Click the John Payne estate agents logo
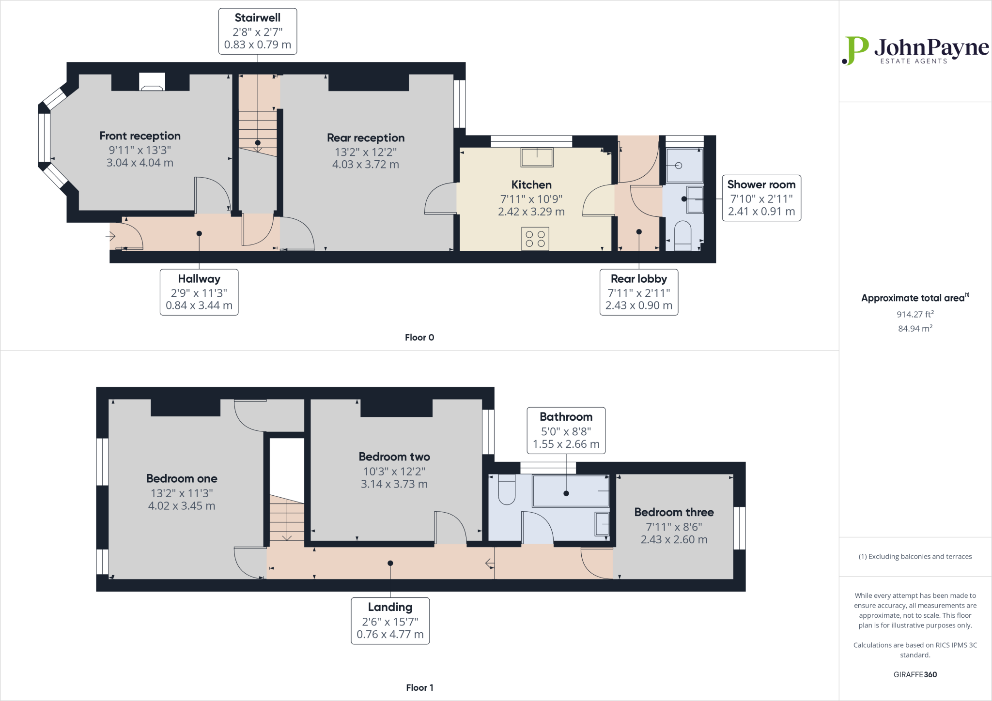pyautogui.click(x=915, y=50)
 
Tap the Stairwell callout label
pyautogui.click(x=258, y=31)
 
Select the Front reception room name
pyautogui.click(x=140, y=136)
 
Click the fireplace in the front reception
pyautogui.click(x=152, y=81)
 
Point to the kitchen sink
pyautogui.click(x=537, y=157)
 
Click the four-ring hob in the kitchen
pyautogui.click(x=535, y=239)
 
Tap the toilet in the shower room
pyautogui.click(x=682, y=236)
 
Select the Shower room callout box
pyautogui.click(x=761, y=198)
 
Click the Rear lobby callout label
pyautogui.click(x=639, y=292)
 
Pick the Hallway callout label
pyautogui.click(x=199, y=292)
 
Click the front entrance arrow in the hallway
pyautogui.click(x=110, y=236)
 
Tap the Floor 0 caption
pyautogui.click(x=419, y=337)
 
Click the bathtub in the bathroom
pyautogui.click(x=571, y=491)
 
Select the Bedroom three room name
pyautogui.click(x=674, y=512)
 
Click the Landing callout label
pyautogui.click(x=390, y=621)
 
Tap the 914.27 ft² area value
pyautogui.click(x=915, y=314)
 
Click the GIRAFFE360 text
pyautogui.click(x=915, y=674)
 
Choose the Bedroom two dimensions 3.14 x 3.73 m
pyautogui.click(x=394, y=484)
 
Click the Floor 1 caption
pyautogui.click(x=419, y=687)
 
